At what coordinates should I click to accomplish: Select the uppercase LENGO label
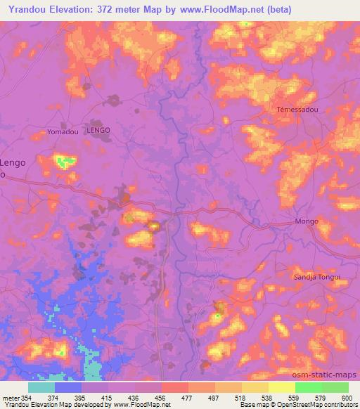point(98,130)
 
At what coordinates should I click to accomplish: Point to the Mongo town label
point(307,221)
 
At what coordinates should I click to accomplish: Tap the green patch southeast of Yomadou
point(65,162)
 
